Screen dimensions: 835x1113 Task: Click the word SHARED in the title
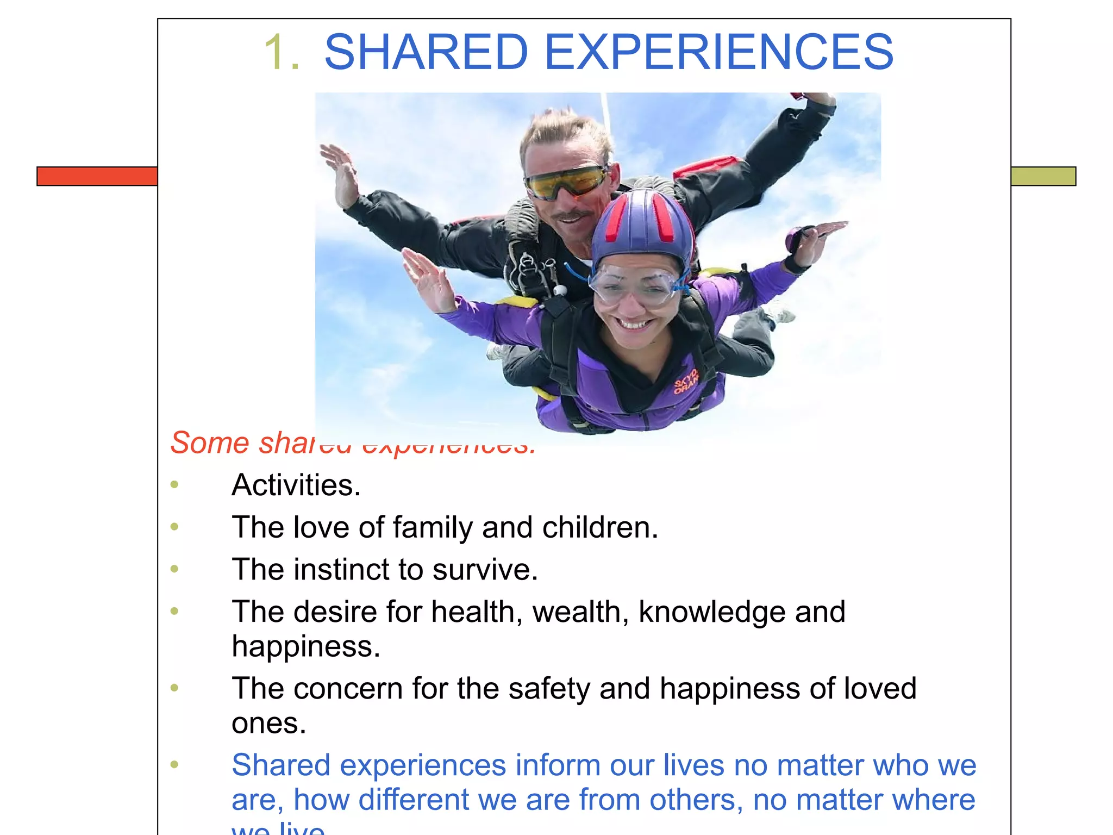pyautogui.click(x=426, y=52)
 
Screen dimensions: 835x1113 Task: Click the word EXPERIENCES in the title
pyautogui.click(x=718, y=52)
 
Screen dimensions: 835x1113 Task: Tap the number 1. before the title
pyautogui.click(x=282, y=52)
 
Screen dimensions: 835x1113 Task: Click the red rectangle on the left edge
pyautogui.click(x=97, y=176)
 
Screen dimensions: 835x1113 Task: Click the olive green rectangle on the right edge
pyautogui.click(x=1043, y=176)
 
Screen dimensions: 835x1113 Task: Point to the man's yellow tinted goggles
pyautogui.click(x=565, y=182)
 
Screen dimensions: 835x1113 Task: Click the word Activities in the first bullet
pyautogui.click(x=296, y=485)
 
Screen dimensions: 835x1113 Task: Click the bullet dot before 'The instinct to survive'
pyautogui.click(x=174, y=569)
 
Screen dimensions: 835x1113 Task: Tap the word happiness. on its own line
pyautogui.click(x=305, y=646)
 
